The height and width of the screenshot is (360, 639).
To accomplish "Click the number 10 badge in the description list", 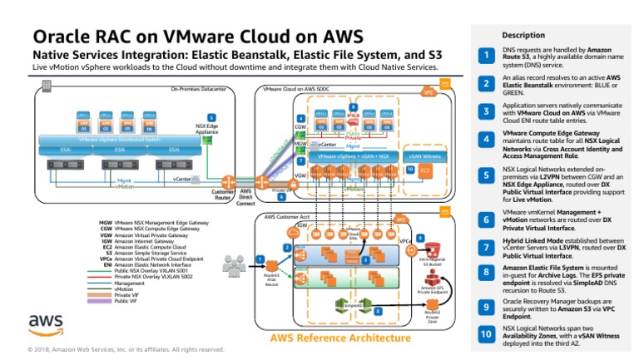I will [486, 334].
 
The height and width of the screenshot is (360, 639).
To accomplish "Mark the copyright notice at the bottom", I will [125, 349].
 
